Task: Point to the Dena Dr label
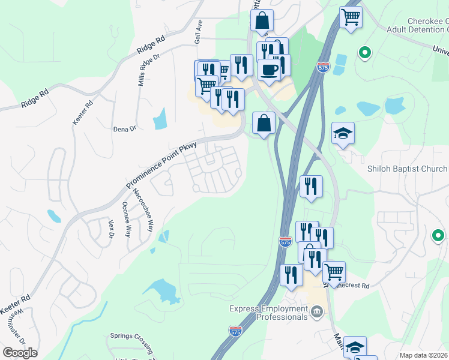[125, 128]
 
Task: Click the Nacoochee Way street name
[142, 209]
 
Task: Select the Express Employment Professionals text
[268, 313]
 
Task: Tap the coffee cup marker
[269, 69]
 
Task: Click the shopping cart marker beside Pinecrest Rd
[334, 271]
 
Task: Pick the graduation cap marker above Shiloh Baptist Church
[343, 133]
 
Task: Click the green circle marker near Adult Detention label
[365, 53]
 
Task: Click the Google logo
[20, 353]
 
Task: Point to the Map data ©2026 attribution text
[424, 355]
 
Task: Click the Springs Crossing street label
[133, 336]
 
